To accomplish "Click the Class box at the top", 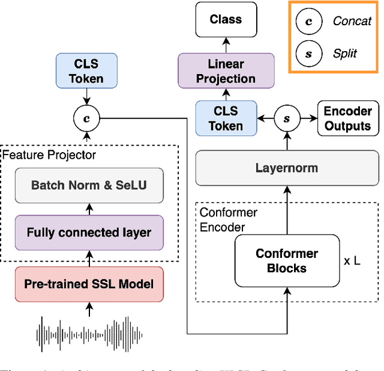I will pyautogui.click(x=226, y=20).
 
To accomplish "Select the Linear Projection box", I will pyautogui.click(x=226, y=71).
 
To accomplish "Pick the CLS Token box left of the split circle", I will pyautogui.click(x=226, y=118).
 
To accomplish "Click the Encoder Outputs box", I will pyautogui.click(x=347, y=118).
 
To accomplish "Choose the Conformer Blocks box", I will pyautogui.click(x=287, y=260).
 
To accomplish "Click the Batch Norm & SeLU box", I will pyautogui.click(x=89, y=184).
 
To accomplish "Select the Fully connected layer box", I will pyautogui.click(x=89, y=232).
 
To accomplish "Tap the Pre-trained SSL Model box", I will pyautogui.click(x=89, y=284).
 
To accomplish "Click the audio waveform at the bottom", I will pyautogui.click(x=90, y=334).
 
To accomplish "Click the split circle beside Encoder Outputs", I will pyautogui.click(x=287, y=119).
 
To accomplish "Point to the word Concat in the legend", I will pyautogui.click(x=352, y=22).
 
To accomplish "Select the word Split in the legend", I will pyautogui.click(x=345, y=54).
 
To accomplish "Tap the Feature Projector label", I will pyautogui.click(x=49, y=155).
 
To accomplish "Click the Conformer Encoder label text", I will pyautogui.click(x=228, y=219).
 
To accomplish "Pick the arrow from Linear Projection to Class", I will pyautogui.click(x=226, y=43).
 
